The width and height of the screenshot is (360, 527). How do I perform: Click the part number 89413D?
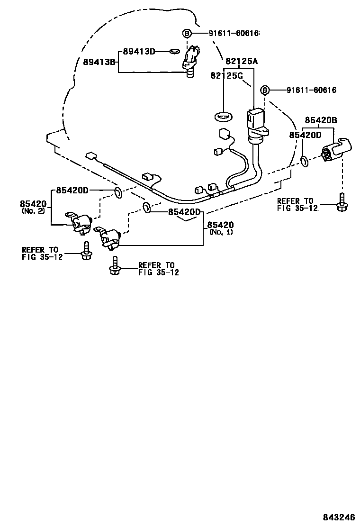click(139, 51)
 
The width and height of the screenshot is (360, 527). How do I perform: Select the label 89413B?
click(100, 62)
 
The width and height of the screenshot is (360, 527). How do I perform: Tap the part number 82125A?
click(241, 61)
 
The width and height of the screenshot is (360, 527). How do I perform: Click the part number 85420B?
click(320, 120)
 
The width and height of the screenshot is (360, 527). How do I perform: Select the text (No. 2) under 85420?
click(33, 211)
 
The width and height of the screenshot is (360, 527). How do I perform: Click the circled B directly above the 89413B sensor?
click(187, 33)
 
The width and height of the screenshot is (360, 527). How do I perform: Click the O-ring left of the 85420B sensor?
click(305, 162)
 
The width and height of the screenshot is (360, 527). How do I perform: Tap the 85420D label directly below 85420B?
click(305, 135)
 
